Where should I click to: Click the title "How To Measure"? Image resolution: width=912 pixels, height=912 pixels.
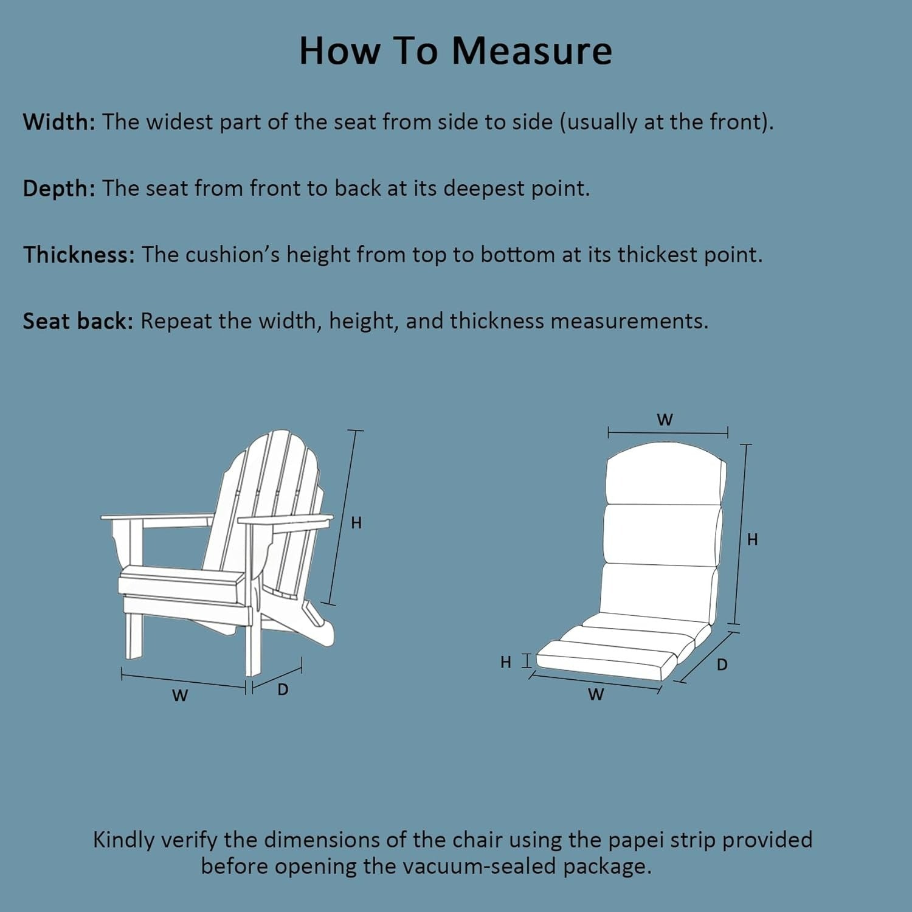tap(455, 50)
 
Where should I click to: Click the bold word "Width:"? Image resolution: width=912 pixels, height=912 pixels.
tap(59, 122)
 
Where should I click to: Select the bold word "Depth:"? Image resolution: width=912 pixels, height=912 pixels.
tap(59, 188)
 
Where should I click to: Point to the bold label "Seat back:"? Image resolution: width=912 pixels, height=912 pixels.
tap(78, 321)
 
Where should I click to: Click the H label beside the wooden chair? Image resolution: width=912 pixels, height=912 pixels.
tap(356, 523)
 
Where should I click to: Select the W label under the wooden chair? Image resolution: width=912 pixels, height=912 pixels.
tap(180, 696)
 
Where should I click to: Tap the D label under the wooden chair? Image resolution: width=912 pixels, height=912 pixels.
tap(283, 690)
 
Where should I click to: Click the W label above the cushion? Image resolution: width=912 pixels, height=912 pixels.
tap(665, 420)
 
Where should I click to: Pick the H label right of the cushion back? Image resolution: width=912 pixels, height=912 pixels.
tap(753, 539)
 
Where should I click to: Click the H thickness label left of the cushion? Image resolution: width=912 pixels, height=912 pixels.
tap(506, 662)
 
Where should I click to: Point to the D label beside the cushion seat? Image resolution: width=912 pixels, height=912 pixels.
tap(722, 665)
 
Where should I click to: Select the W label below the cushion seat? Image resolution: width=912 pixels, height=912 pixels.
tap(596, 694)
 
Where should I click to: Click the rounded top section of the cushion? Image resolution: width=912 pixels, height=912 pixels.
tap(665, 474)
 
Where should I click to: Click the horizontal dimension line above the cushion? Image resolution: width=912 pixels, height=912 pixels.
tap(668, 432)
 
